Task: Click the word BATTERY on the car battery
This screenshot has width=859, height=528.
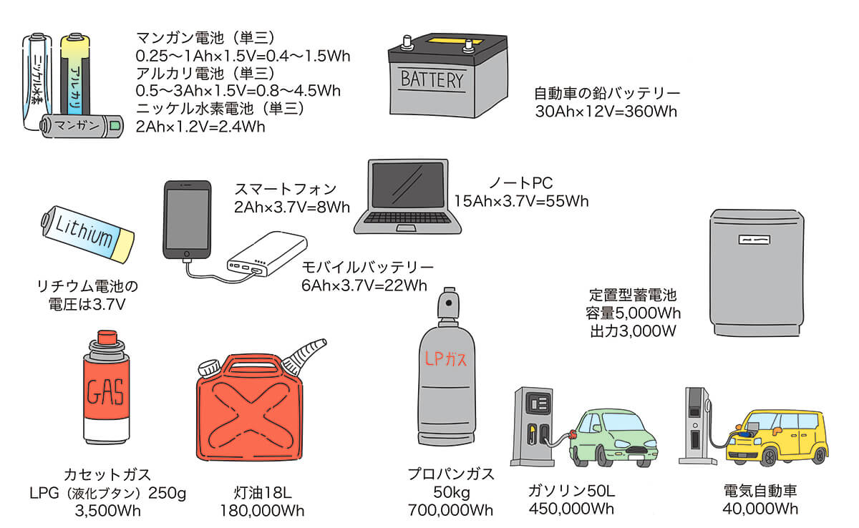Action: tap(432, 79)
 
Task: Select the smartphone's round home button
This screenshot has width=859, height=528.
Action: tap(186, 254)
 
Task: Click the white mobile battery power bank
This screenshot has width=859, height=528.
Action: tap(267, 254)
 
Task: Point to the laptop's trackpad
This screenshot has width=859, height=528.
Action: tap(406, 228)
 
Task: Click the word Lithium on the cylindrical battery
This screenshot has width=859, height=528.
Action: tap(84, 231)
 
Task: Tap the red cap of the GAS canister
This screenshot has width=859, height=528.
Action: tap(107, 337)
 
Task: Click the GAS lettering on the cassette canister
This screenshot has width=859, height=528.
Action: tap(105, 391)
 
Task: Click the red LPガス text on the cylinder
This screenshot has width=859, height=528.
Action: tap(445, 359)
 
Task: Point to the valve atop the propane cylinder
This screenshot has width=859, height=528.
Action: tap(449, 303)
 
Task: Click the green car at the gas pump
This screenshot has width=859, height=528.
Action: tap(613, 438)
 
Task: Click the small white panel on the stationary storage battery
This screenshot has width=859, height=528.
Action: tap(754, 240)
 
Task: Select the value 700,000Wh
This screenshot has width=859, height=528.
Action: tap(450, 510)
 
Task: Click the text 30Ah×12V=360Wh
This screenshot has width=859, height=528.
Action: tap(606, 112)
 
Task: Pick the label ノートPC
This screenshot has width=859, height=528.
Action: tap(521, 182)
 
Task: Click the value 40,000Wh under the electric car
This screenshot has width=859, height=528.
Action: tap(760, 509)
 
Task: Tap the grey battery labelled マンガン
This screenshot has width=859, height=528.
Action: tap(82, 126)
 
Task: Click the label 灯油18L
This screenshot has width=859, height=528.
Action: tap(262, 492)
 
